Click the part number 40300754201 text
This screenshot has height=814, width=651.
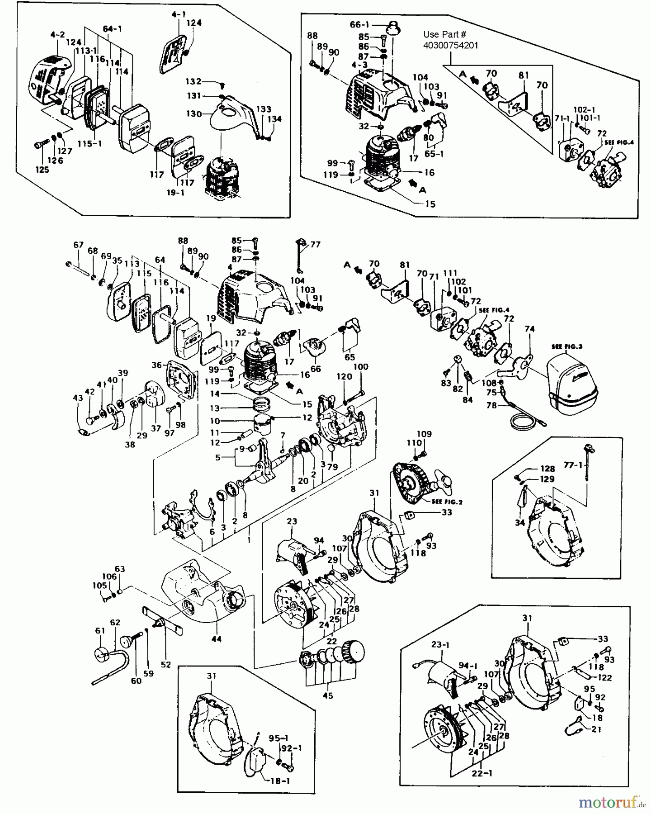(x=451, y=45)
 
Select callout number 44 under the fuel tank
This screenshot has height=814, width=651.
(x=217, y=639)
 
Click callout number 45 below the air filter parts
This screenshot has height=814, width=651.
(x=328, y=696)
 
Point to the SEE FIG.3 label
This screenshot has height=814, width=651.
(x=567, y=346)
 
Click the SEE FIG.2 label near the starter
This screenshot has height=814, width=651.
(x=447, y=502)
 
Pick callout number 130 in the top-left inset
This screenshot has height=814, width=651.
(x=193, y=114)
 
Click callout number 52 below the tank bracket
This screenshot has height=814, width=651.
(x=166, y=664)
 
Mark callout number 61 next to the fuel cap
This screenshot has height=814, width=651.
(x=100, y=630)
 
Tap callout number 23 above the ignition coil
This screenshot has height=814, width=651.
(x=292, y=521)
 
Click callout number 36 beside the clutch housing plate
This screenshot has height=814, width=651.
(x=156, y=365)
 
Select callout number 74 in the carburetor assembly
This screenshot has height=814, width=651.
(x=529, y=329)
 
